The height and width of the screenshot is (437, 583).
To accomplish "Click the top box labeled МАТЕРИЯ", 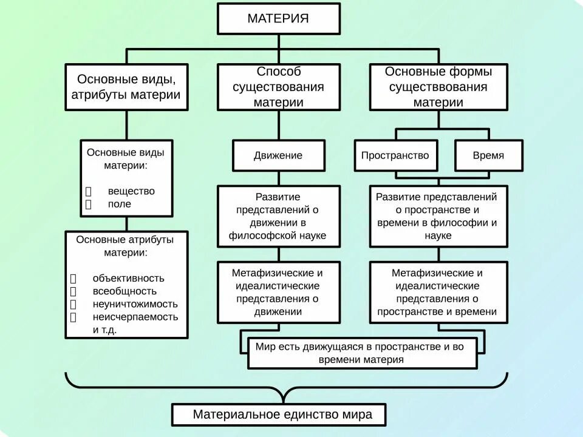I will pos(279,18).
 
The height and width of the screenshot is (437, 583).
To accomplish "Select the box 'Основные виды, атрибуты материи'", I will pos(126,87).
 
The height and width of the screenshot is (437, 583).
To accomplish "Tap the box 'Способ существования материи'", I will pos(279,87).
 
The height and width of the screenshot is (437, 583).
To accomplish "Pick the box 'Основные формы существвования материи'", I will pos(438,87).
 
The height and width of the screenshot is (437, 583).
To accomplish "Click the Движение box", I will pos(279,155).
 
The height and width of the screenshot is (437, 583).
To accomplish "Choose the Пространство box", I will pos(395,155).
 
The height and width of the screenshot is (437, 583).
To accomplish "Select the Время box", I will pos(488,155).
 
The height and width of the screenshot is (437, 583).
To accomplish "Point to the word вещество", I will pos(131,191).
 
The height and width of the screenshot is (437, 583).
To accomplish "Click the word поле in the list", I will pos(120,204).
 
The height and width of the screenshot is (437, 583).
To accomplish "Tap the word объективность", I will pos(129,278).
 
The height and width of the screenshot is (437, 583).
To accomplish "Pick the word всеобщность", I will pos(120,291).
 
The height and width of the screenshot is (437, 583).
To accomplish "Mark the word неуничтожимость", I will pos(135,304).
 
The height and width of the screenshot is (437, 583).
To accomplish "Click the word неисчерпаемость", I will pos(135,317).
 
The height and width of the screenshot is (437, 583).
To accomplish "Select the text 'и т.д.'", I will pos(104,330).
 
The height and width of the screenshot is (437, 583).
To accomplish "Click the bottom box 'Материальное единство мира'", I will pos(281,415).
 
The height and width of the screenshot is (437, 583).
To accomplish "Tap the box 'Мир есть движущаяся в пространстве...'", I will pos(362,353).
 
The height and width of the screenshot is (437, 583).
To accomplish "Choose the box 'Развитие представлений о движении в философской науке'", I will pos(279,216).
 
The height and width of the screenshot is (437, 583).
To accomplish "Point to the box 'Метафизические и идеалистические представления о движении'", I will pos(279,293).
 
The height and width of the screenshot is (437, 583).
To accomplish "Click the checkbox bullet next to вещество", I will pos(88,191).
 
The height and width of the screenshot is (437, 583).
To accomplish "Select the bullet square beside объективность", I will pos(73,279).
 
